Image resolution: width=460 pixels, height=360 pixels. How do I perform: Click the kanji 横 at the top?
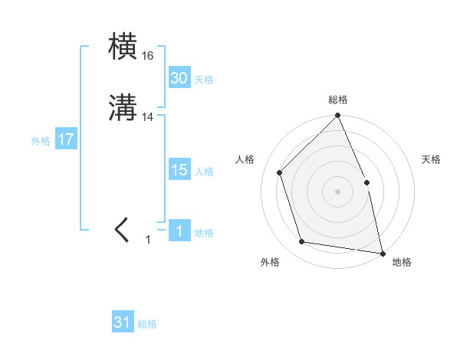123,47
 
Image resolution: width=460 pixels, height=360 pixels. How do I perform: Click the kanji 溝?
123,109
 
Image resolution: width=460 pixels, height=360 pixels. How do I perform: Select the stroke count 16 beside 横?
147,56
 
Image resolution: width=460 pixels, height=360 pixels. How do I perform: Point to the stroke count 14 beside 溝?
148,117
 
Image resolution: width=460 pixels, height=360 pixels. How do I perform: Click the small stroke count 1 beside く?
148,240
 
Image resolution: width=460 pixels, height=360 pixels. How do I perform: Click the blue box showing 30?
179,78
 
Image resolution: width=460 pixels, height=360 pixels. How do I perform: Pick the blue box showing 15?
179,170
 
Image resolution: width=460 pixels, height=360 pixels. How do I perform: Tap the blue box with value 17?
65,140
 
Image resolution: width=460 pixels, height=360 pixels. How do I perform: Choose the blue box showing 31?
123,323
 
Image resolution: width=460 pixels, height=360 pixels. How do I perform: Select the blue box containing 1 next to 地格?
179,231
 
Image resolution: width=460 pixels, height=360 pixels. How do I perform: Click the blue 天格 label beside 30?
204,80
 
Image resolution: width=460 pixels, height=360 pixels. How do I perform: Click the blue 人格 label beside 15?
204,172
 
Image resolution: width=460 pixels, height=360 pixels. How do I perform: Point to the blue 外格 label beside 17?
41,141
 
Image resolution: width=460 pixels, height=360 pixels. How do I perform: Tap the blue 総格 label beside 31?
147,325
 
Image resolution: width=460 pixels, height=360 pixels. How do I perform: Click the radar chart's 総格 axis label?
338,100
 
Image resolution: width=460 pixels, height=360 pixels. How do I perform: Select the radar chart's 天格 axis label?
431,159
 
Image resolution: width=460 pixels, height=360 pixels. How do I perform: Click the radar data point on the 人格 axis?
280,172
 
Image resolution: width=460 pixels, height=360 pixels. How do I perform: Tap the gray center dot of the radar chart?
337,191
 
